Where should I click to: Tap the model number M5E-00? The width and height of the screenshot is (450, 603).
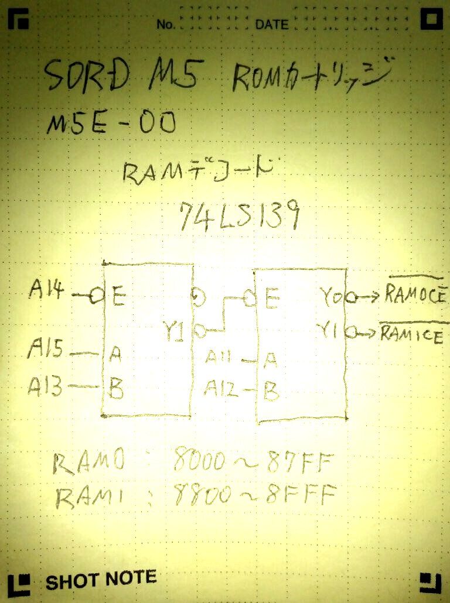tap(111, 124)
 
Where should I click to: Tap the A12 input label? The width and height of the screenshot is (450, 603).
tap(222, 388)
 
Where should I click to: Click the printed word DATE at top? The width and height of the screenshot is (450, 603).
tap(272, 25)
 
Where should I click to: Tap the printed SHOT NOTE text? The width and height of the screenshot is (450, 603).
tap(101, 580)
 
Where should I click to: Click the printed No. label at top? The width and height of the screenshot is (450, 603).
tap(166, 25)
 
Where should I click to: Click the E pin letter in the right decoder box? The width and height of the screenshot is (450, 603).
tap(271, 300)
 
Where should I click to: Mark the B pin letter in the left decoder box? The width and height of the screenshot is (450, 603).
tap(117, 389)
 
